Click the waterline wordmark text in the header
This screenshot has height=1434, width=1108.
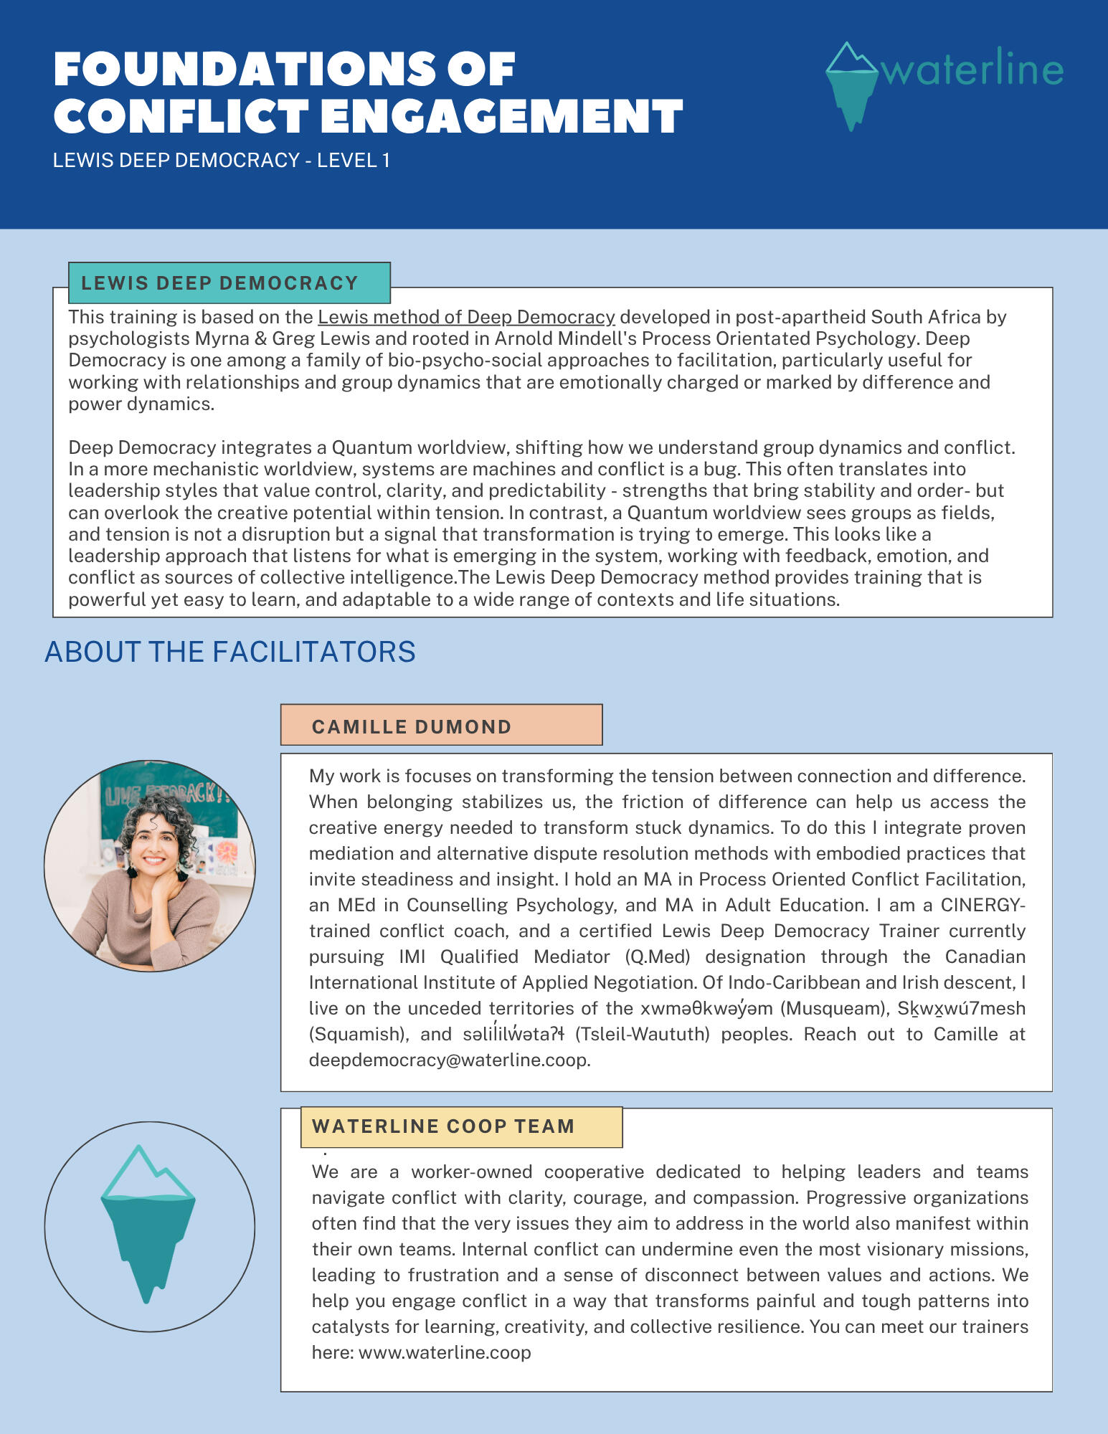(x=972, y=69)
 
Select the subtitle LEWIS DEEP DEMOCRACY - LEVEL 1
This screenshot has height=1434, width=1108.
(x=222, y=160)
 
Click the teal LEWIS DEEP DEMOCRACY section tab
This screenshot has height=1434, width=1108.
(x=229, y=283)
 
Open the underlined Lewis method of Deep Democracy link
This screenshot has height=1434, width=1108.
(x=466, y=317)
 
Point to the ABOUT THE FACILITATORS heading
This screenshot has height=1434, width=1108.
(x=230, y=652)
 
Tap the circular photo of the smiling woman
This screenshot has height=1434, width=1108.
(x=150, y=866)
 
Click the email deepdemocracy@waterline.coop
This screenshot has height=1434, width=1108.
(x=450, y=1060)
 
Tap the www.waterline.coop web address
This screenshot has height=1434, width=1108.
(x=445, y=1352)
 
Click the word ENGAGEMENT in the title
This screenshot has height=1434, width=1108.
(x=501, y=117)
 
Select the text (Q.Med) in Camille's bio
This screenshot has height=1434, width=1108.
(x=658, y=956)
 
